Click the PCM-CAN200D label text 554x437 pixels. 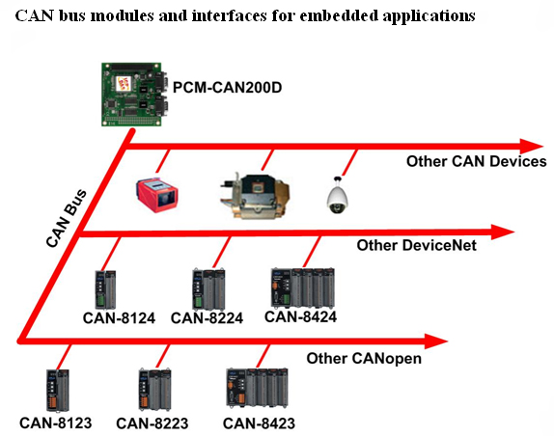(227, 87)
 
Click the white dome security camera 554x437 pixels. (338, 196)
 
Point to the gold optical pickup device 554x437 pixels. (255, 196)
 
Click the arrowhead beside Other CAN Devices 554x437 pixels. (532, 147)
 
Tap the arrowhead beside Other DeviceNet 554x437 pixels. (502, 232)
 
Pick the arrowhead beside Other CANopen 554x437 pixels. (436, 341)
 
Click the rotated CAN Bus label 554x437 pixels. (66, 218)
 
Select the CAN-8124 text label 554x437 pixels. (119, 318)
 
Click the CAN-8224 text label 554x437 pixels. (207, 318)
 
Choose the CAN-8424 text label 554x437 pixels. (301, 316)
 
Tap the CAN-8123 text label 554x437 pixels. (55, 423)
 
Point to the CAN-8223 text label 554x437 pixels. (152, 423)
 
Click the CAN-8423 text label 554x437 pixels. (259, 423)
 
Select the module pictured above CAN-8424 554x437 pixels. (303, 287)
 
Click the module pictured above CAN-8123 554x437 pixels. (58, 391)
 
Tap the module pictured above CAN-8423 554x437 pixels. (257, 388)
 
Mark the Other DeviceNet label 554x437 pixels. (417, 245)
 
